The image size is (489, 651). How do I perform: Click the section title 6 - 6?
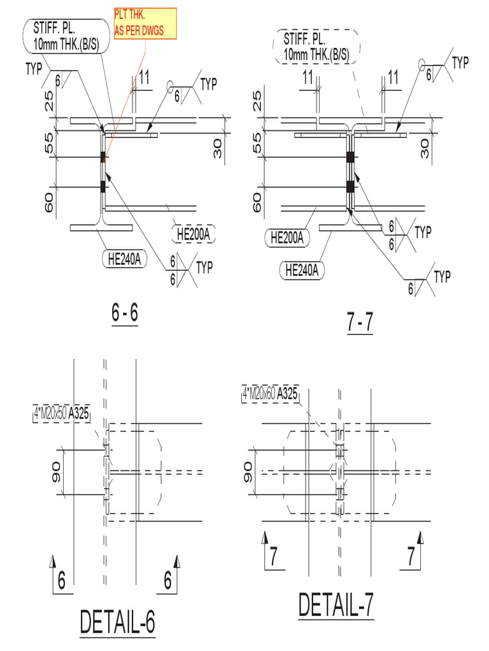tap(125, 313)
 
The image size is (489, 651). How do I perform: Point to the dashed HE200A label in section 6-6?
tap(194, 234)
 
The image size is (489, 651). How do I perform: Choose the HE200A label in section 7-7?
tap(287, 238)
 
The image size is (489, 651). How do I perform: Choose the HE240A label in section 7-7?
tap(302, 270)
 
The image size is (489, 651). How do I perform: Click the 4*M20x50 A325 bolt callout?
tap(62, 414)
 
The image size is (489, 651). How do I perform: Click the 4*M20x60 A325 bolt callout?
tap(270, 394)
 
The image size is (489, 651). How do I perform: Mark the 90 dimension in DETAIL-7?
tap(248, 472)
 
